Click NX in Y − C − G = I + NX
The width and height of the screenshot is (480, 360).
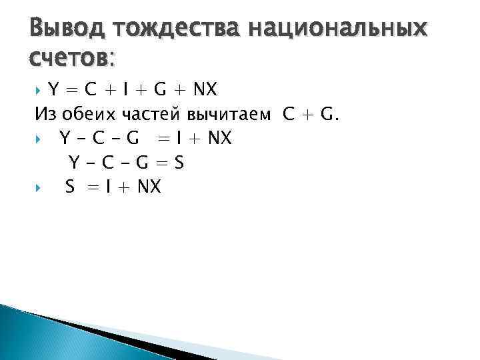(x=218, y=138)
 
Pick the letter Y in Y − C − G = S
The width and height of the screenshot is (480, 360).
(x=75, y=162)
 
